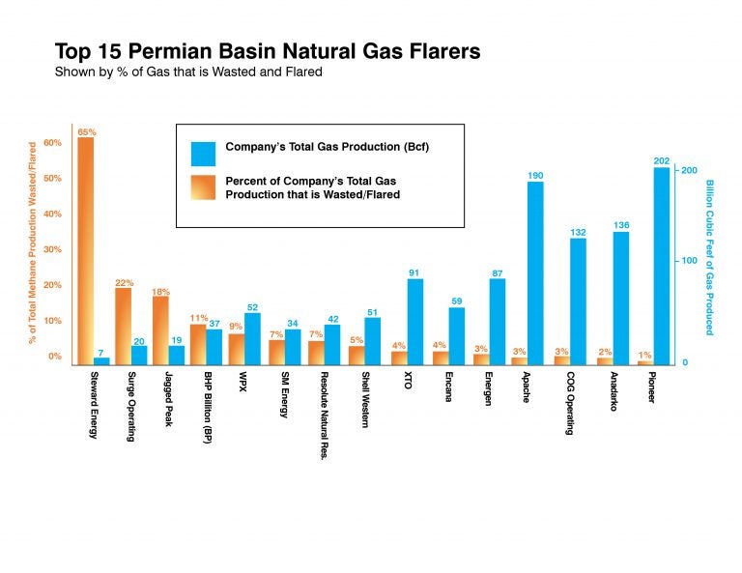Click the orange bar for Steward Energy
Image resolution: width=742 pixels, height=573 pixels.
click(x=86, y=251)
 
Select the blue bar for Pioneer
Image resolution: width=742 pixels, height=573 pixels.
click(x=662, y=267)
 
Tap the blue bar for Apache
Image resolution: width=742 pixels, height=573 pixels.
click(x=535, y=273)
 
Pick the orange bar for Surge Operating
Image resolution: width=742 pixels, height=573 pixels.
click(x=123, y=327)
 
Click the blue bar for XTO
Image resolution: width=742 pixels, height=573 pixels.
click(x=415, y=322)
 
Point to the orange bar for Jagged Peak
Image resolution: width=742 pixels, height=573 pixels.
click(x=160, y=330)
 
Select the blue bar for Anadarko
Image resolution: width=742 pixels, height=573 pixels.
click(x=621, y=299)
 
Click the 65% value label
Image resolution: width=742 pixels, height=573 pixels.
click(x=87, y=132)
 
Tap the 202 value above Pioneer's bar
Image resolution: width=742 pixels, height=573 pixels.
click(x=662, y=160)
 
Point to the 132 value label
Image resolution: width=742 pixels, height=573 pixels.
click(x=578, y=232)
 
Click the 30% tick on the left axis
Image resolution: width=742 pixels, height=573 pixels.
click(x=52, y=249)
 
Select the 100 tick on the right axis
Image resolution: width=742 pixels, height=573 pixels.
click(x=689, y=261)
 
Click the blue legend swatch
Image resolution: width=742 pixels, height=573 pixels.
click(x=204, y=154)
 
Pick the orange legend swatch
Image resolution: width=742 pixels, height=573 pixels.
click(x=204, y=187)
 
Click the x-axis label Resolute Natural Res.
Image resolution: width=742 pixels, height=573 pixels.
click(x=325, y=415)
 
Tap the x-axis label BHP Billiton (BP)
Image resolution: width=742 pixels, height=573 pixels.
click(x=208, y=408)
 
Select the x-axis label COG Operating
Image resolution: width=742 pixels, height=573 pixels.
click(x=570, y=403)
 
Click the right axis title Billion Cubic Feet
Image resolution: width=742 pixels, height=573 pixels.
click(x=709, y=258)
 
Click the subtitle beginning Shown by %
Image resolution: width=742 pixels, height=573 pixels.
click(x=188, y=72)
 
